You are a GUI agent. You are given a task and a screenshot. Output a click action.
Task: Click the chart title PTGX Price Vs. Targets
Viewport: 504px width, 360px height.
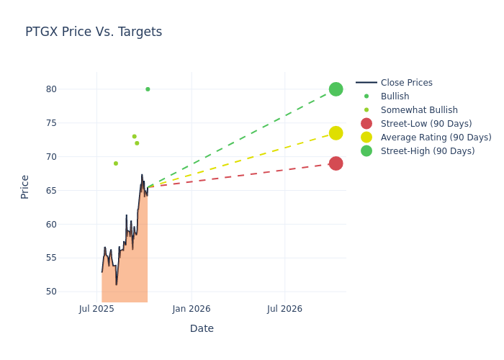point(94,32)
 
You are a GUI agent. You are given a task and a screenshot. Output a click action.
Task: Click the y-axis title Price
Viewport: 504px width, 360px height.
point(25,186)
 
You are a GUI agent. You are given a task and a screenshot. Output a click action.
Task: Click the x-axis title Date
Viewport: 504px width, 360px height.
point(202,328)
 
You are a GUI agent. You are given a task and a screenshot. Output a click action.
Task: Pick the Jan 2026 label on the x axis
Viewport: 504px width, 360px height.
point(192,309)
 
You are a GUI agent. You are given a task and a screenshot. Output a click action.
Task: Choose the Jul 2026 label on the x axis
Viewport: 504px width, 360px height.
point(284,309)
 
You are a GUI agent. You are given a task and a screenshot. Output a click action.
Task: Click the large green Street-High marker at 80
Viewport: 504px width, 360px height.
point(336,89)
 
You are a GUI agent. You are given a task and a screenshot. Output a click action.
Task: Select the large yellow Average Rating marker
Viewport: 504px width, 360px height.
point(336,133)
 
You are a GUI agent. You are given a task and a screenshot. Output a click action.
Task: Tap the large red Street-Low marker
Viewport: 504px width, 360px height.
point(336,163)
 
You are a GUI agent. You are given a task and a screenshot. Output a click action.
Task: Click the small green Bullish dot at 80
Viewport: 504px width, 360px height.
point(148,89)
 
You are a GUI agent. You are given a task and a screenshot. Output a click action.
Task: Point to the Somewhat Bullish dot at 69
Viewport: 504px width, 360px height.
point(115,163)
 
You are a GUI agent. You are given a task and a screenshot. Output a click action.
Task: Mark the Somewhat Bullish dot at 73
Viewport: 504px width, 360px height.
point(134,136)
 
